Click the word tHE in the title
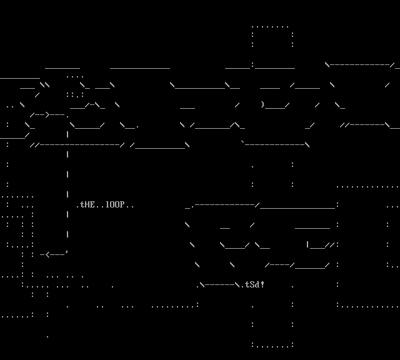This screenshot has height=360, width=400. [x=87, y=205]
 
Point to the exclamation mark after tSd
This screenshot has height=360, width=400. [x=262, y=285]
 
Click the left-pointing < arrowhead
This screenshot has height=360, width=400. [x=47, y=254]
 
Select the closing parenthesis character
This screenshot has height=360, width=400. [x=262, y=104]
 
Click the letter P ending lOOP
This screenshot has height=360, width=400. [x=122, y=205]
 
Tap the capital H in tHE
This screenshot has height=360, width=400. [x=87, y=205]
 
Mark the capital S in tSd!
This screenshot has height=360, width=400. [x=252, y=285]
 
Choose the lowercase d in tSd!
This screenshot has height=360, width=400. [x=257, y=285]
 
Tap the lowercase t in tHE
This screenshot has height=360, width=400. [x=82, y=205]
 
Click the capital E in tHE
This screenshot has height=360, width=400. [x=92, y=205]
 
